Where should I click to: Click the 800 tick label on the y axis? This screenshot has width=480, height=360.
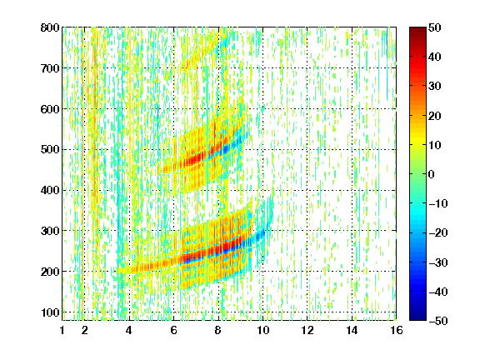pyautogui.click(x=50, y=27)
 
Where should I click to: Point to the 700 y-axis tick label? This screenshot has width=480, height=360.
pyautogui.click(x=50, y=68)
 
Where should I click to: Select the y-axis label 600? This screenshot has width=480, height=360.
pyautogui.click(x=50, y=109)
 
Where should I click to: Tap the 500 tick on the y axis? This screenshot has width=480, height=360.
pyautogui.click(x=50, y=150)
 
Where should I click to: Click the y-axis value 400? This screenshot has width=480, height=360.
pyautogui.click(x=50, y=190)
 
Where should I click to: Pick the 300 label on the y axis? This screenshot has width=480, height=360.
pyautogui.click(x=50, y=231)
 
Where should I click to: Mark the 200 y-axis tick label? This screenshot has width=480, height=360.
pyautogui.click(x=50, y=272)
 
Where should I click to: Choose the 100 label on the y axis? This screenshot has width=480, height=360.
pyautogui.click(x=50, y=312)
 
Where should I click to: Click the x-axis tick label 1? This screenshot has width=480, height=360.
pyautogui.click(x=62, y=330)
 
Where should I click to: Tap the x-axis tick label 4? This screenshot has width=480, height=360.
pyautogui.click(x=129, y=330)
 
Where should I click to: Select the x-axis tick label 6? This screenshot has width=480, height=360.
pyautogui.click(x=173, y=330)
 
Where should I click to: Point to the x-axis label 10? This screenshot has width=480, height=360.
pyautogui.click(x=262, y=330)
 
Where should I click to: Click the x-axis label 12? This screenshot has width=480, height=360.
pyautogui.click(x=307, y=330)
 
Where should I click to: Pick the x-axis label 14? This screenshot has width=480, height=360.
pyautogui.click(x=352, y=330)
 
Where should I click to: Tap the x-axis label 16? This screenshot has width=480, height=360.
pyautogui.click(x=397, y=330)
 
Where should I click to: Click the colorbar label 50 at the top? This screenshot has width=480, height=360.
pyautogui.click(x=434, y=27)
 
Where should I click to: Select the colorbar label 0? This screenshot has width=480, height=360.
pyautogui.click(x=432, y=174)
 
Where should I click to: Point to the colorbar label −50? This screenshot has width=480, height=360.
pyautogui.click(x=437, y=321)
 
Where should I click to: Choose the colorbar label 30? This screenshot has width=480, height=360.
pyautogui.click(x=434, y=87)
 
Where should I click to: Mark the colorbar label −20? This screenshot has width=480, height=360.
pyautogui.click(x=437, y=233)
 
